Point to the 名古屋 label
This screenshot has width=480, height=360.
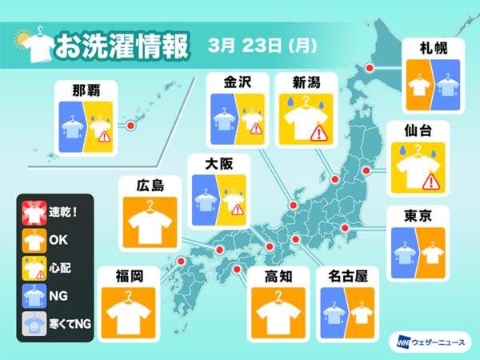tap(349, 277)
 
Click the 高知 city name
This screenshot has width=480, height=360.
tap(279, 277)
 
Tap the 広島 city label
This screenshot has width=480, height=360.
tap(146, 186)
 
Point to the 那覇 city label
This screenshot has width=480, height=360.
tap(89, 86)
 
